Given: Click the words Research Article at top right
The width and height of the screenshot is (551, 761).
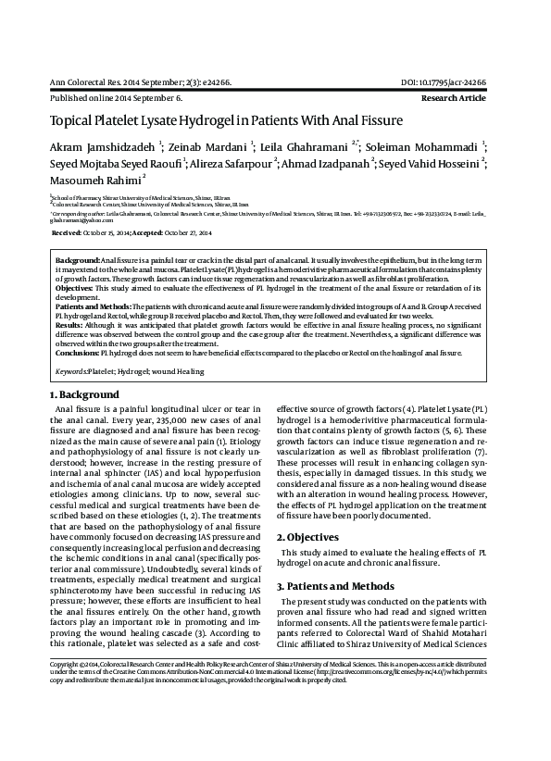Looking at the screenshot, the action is coord(453,97).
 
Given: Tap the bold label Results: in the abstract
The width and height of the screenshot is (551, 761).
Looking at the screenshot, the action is coord(69,327).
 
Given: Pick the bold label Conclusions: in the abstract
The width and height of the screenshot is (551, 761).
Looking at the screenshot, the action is coord(78,353).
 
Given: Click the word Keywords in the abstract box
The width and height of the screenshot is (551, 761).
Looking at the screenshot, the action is coord(70,370).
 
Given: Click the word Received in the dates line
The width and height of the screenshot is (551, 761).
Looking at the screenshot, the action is coord(67,233).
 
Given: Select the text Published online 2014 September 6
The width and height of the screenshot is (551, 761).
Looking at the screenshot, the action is coord(115,97).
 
